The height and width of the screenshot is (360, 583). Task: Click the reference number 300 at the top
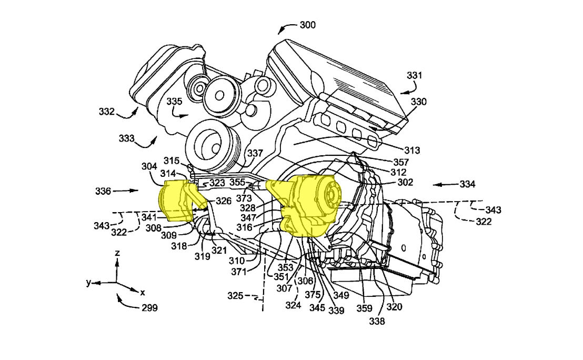point(308,25)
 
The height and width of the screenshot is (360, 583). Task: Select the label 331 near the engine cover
point(414,76)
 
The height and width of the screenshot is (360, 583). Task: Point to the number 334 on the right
point(467,184)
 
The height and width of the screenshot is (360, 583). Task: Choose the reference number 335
point(174,101)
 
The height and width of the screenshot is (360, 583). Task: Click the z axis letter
point(117,253)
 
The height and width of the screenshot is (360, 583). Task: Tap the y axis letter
point(89,283)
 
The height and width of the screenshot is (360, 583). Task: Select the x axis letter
point(143,292)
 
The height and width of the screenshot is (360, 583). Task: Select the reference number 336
point(103,191)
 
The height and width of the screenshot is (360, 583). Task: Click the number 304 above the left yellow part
point(149,166)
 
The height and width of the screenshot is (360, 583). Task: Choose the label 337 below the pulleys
point(255,153)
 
